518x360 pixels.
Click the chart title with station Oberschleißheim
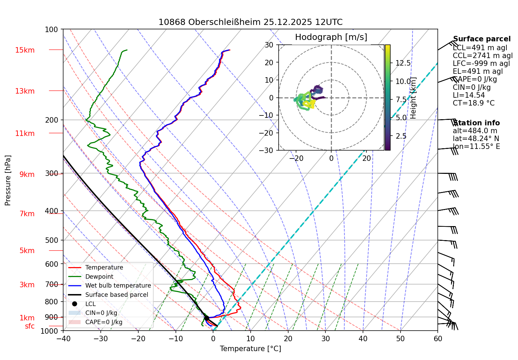pyautogui.click(x=250, y=22)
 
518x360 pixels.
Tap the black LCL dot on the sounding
pyautogui.click(x=207, y=318)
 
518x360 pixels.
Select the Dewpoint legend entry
pyautogui.click(x=99, y=277)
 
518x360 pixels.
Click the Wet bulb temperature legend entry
pyautogui.click(x=118, y=286)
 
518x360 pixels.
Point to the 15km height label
pyautogui.click(x=25, y=50)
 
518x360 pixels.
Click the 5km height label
pyautogui.click(x=27, y=251)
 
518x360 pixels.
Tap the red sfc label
pyautogui.click(x=30, y=326)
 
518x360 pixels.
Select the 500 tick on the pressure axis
pyautogui.click(x=52, y=240)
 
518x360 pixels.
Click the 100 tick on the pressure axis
pyautogui.click(x=52, y=29)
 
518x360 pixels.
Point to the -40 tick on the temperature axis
pyautogui.click(x=63, y=338)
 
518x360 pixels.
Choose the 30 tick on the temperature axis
pyautogui.click(x=325, y=338)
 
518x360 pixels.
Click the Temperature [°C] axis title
pyautogui.click(x=250, y=348)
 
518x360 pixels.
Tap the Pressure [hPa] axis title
pyautogui.click(x=8, y=180)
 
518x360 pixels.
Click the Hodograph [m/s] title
pyautogui.click(x=331, y=37)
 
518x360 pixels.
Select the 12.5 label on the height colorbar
pyautogui.click(x=403, y=63)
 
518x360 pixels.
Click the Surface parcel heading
pyautogui.click(x=482, y=39)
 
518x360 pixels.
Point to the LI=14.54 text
pyautogui.click(x=469, y=95)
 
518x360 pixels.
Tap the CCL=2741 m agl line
pyautogui.click(x=483, y=56)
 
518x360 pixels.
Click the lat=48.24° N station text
pyautogui.click(x=476, y=139)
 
